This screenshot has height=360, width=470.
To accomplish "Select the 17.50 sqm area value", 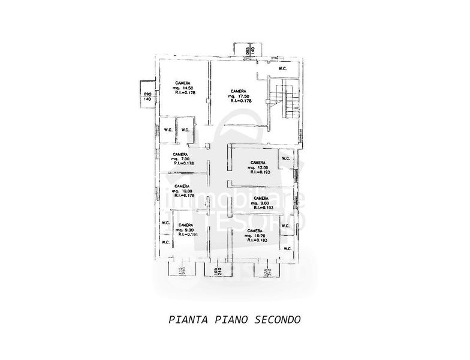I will click(x=239, y=96).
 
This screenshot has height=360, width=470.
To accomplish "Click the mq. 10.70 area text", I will click(x=254, y=236).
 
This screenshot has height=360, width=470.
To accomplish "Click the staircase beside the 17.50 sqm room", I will click(x=284, y=100).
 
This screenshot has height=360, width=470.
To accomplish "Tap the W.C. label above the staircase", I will click(x=282, y=68).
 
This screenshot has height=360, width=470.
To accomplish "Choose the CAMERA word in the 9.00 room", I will click(x=260, y=198).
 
